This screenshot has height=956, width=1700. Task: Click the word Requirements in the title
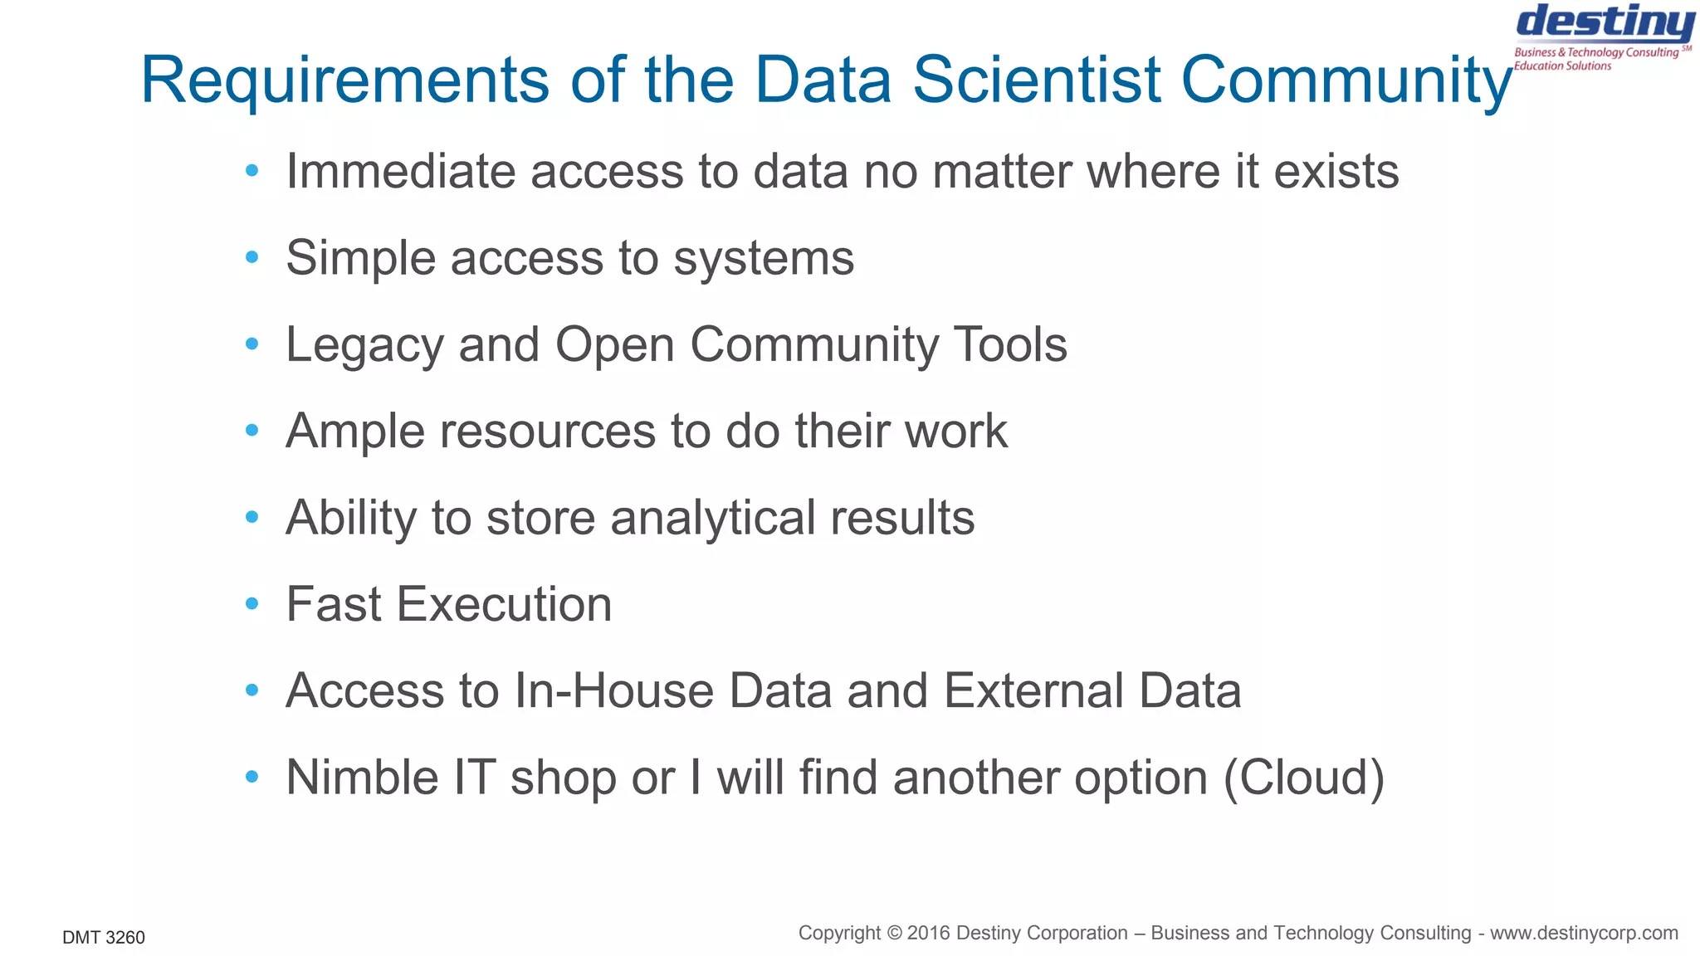344,80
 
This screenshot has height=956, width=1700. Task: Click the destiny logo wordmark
1605,23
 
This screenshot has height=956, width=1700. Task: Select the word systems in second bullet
764,259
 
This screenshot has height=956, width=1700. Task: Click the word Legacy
364,345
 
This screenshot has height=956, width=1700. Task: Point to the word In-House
613,691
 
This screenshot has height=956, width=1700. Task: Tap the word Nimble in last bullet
362,778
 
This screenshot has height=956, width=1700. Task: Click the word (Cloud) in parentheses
1304,778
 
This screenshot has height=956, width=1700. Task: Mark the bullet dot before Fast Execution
252,604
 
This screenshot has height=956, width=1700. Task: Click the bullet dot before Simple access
252,258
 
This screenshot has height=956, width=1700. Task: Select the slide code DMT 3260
104,938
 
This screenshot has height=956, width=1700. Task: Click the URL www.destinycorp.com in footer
1584,934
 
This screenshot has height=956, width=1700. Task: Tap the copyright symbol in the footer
894,934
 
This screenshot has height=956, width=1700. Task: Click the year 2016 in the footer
928,934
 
